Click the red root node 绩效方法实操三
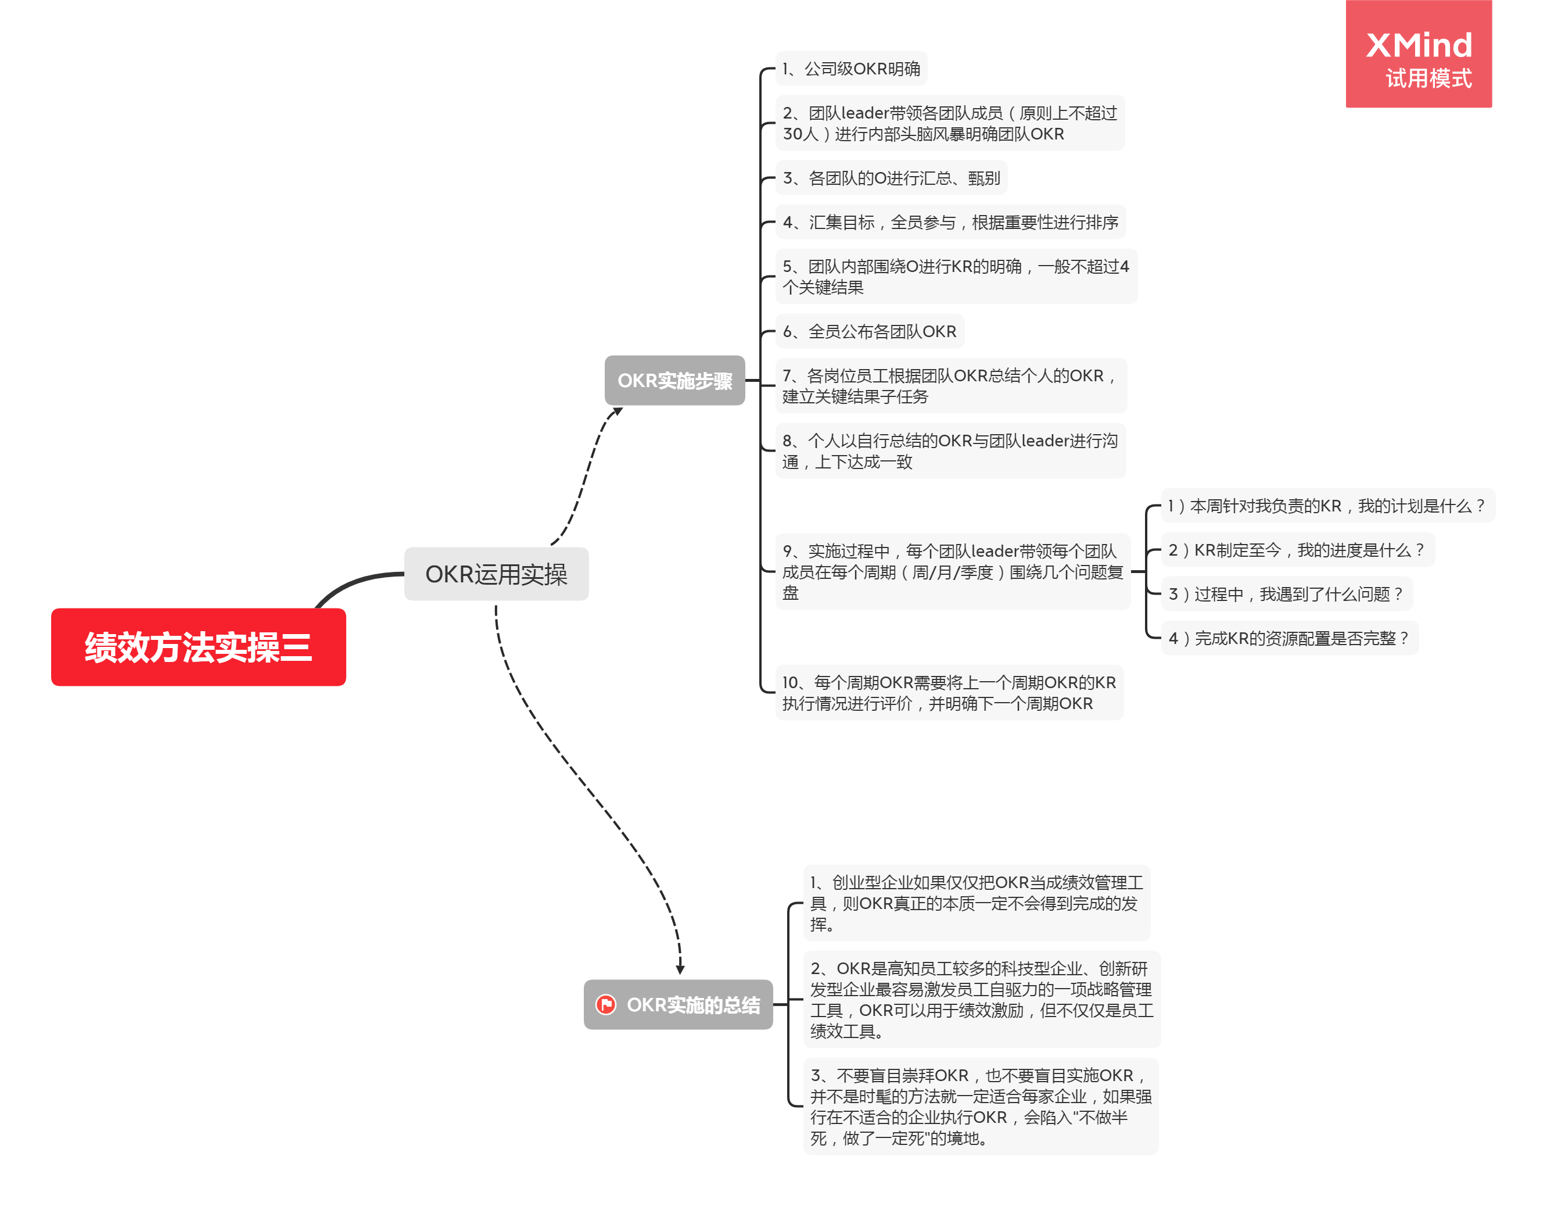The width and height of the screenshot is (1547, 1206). [198, 647]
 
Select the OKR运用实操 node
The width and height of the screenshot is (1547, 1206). [496, 574]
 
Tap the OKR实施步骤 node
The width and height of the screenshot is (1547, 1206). [674, 381]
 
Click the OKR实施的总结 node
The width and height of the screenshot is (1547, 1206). [678, 1005]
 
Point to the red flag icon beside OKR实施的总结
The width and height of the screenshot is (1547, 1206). [606, 1005]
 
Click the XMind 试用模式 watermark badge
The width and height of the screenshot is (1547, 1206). [1419, 54]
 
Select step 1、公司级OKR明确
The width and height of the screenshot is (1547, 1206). [852, 69]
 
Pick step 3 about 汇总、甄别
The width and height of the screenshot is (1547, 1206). [891, 178]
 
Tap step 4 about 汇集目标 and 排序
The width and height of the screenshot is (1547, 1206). [950, 222]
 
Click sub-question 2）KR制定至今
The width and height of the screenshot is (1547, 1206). [1298, 550]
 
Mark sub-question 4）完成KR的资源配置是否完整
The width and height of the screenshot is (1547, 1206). [1289, 638]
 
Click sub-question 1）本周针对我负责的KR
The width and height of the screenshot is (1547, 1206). [1327, 505]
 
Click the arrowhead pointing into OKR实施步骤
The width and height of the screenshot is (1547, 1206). [618, 411]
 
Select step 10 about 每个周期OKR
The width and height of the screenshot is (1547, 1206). [949, 692]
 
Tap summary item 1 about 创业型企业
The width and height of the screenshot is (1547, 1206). [977, 903]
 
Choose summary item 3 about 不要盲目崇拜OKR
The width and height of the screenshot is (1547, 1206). [981, 1106]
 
